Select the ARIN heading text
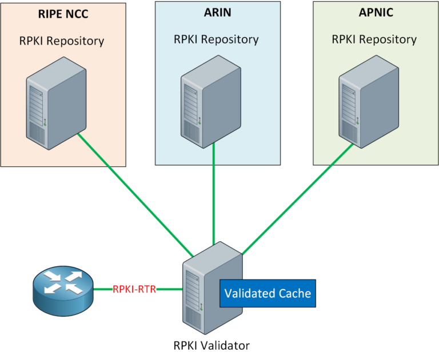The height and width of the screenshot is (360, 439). tap(217, 14)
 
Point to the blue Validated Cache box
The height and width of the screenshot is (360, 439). tap(268, 293)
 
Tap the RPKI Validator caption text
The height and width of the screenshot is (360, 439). tap(211, 345)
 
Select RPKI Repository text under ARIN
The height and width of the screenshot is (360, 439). tap(217, 40)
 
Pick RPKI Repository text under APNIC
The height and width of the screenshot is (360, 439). tap(374, 40)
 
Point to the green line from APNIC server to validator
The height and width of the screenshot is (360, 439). tap(297, 197)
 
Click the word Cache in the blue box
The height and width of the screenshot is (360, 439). tap(294, 293)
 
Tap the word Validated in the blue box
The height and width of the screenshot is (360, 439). tap(249, 293)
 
